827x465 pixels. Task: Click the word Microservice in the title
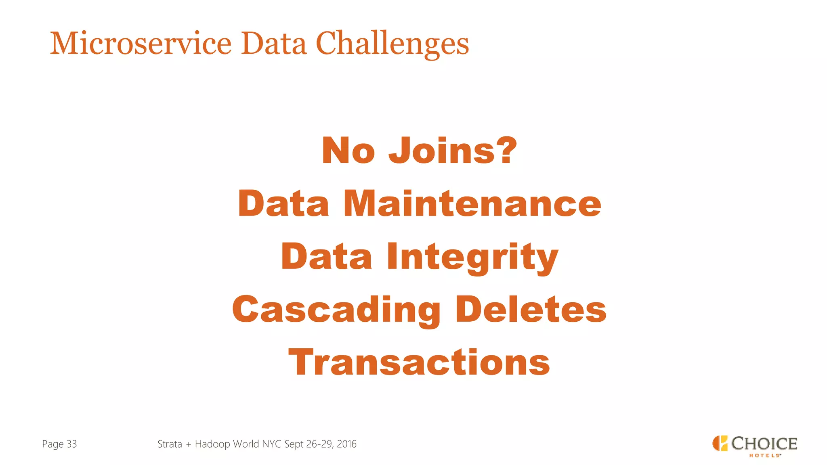click(141, 44)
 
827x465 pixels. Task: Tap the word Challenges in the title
click(392, 44)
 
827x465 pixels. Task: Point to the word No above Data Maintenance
click(348, 151)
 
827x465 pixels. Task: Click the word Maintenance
click(472, 203)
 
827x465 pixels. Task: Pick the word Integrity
click(472, 258)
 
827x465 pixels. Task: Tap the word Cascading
click(336, 310)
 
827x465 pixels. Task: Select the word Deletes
click(531, 309)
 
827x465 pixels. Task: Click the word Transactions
click(419, 362)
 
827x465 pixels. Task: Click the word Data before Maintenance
click(283, 203)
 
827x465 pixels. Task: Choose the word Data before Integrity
click(326, 257)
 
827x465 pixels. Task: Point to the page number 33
click(71, 444)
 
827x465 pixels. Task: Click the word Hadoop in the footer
click(212, 444)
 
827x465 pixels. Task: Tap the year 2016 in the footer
click(346, 444)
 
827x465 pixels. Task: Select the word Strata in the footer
click(170, 444)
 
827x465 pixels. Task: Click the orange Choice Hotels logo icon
click(720, 443)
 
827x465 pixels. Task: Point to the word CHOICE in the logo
click(764, 443)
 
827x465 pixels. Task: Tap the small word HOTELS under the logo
click(764, 456)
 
